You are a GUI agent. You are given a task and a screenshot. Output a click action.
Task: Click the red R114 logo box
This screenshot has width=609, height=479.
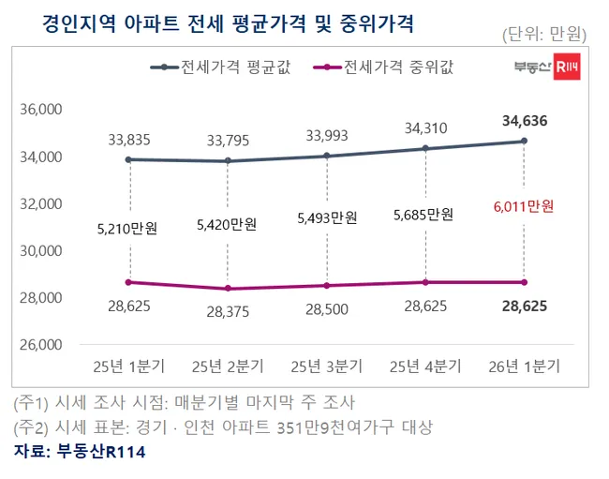565,67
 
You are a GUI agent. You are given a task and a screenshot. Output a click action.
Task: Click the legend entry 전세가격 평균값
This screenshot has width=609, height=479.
235,67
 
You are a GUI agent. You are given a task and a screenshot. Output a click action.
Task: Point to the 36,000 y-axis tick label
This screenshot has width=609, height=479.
40,110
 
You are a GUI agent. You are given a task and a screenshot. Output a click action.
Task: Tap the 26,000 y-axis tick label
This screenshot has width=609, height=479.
40,344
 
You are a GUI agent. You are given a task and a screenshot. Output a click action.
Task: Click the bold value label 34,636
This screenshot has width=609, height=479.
525,120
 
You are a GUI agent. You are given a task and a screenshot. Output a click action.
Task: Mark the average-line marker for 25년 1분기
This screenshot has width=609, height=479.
127,159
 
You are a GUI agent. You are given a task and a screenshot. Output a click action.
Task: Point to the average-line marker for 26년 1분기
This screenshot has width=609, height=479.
524,141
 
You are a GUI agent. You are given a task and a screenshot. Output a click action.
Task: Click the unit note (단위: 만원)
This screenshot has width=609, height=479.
544,35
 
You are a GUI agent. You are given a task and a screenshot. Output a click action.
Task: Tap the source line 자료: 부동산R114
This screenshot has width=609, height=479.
80,452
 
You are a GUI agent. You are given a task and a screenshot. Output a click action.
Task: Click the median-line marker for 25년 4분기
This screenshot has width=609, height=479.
425,282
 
